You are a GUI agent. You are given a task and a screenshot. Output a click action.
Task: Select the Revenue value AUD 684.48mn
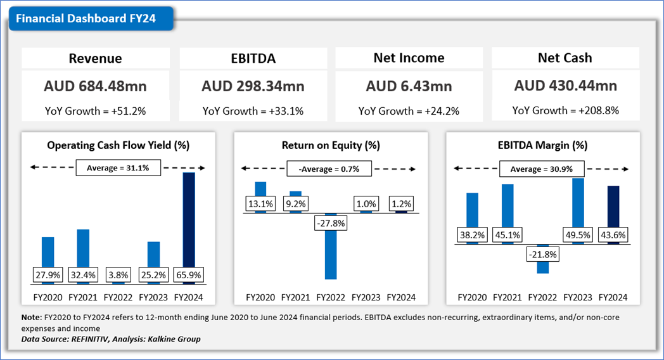(x=96, y=86)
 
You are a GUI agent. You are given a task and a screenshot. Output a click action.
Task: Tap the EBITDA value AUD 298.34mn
(x=253, y=86)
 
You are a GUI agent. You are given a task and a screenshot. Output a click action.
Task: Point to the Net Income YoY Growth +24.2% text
(x=409, y=111)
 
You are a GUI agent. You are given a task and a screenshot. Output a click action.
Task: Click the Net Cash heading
(x=565, y=58)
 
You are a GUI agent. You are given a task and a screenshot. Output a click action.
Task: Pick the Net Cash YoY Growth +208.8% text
(x=565, y=110)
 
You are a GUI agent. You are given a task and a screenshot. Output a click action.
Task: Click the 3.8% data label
(x=118, y=276)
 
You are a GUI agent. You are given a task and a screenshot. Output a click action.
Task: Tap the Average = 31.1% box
(x=118, y=168)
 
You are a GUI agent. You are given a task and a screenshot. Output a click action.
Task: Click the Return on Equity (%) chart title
(x=331, y=145)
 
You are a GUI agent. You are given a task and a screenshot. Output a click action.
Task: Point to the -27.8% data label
(x=331, y=222)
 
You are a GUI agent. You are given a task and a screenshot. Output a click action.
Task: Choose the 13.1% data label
(x=260, y=204)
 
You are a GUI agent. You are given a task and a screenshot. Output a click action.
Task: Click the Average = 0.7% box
(x=330, y=169)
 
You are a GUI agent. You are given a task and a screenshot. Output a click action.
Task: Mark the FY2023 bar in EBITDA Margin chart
(x=578, y=206)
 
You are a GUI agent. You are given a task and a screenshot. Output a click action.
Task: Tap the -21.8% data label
(x=542, y=254)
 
